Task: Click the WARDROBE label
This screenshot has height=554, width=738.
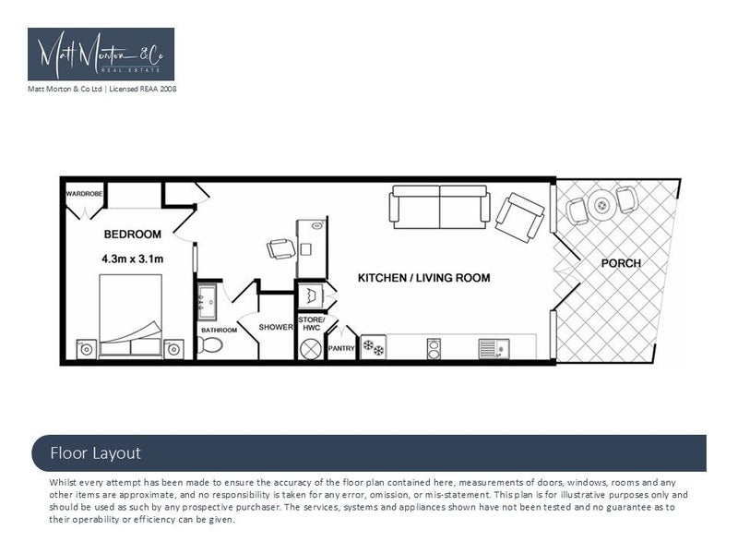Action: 83,194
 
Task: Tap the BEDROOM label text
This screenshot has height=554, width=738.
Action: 132,234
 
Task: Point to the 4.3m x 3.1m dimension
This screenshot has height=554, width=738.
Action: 132,259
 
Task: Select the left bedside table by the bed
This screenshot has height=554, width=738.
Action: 84,348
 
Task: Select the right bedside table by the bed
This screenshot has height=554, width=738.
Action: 173,348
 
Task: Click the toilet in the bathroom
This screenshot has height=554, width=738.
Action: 211,345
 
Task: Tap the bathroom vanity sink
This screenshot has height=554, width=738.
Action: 206,299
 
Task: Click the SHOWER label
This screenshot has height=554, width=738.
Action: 276,327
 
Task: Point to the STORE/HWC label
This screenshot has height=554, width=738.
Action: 310,324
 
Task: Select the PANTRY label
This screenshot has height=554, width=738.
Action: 341,348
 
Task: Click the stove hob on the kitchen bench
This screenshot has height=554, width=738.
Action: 374,347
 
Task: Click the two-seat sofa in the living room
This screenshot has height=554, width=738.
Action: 438,206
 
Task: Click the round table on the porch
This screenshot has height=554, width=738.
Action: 601,202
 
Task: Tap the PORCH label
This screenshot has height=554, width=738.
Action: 620,263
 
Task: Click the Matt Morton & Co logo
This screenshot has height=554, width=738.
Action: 101,54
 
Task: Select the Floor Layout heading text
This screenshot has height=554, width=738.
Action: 95,452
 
